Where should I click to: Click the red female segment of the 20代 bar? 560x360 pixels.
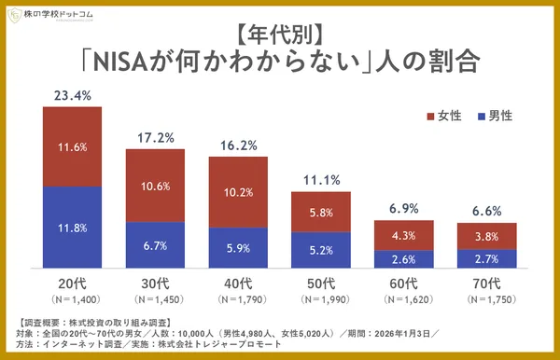(72, 146)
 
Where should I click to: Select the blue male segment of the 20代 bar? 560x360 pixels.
(72, 227)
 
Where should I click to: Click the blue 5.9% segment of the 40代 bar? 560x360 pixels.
(238, 247)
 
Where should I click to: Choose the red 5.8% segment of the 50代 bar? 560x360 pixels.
(321, 212)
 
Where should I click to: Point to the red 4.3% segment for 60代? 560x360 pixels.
(404, 235)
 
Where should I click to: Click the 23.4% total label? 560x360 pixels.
(73, 94)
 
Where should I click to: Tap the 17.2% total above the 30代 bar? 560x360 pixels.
(155, 136)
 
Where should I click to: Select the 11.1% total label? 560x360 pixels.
(321, 179)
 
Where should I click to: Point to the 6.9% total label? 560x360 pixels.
(404, 208)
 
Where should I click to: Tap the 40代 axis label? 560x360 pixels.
(238, 283)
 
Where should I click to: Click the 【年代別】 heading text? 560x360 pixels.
(280, 35)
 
